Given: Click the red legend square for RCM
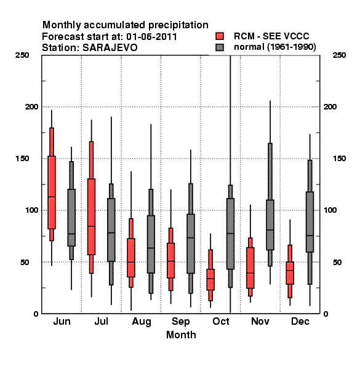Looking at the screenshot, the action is coord(220,36).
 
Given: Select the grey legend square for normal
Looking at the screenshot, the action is coord(220,47).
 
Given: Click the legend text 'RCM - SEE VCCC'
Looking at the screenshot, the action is coord(271,36).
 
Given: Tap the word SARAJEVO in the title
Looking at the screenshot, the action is coord(110,48).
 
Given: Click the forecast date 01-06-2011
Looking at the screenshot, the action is coord(151,37).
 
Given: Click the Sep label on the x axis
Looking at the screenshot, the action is coord(180,322).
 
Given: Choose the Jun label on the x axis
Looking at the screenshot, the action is coord(62,321).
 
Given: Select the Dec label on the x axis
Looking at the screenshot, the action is coord(300,321).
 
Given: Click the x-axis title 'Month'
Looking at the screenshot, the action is coord(181,335).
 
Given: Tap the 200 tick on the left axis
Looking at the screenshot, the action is coord(31,106).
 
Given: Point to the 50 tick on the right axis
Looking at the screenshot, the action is coord(337,262).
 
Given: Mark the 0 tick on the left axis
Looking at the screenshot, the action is coord(36,314).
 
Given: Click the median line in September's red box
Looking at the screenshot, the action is coord(170,261).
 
